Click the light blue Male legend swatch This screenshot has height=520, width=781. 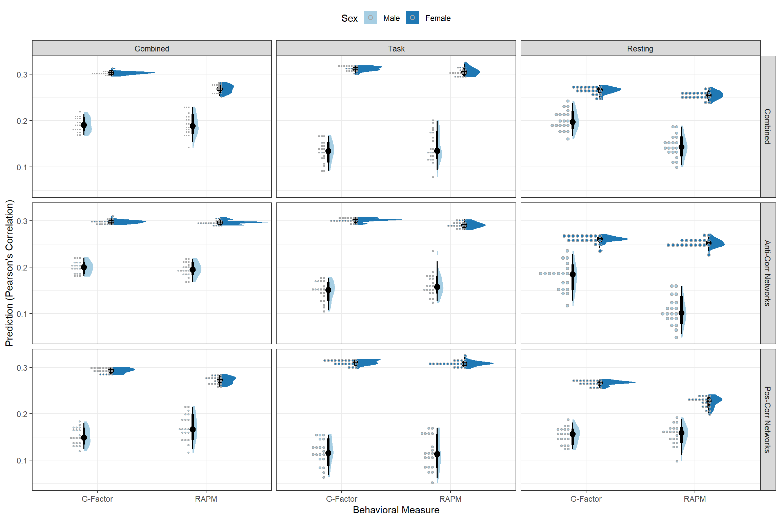(x=370, y=18)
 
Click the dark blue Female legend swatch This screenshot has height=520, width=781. (x=412, y=18)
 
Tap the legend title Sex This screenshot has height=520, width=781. (x=349, y=18)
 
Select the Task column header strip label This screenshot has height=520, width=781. (x=396, y=49)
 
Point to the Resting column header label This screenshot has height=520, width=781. (x=640, y=49)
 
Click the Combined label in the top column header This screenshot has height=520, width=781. (x=152, y=49)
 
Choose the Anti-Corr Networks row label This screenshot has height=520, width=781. (x=767, y=273)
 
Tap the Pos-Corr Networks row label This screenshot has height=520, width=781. (x=767, y=420)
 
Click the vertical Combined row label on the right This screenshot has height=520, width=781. (x=767, y=127)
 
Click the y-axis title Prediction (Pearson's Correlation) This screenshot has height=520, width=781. (x=9, y=273)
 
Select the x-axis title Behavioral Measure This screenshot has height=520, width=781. (x=396, y=510)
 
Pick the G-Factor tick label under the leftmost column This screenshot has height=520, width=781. (x=97, y=499)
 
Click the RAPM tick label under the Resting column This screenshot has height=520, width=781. (x=695, y=499)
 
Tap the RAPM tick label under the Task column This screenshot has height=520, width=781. (x=450, y=499)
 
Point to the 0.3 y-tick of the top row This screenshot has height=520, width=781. (x=22, y=74)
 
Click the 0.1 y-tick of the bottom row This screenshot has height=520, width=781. (x=22, y=460)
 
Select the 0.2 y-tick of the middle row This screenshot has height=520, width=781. (x=22, y=267)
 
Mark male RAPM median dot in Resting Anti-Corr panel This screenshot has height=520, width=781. (x=681, y=313)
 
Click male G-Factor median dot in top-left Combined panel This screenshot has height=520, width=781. (x=84, y=125)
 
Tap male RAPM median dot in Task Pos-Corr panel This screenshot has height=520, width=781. (x=437, y=454)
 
